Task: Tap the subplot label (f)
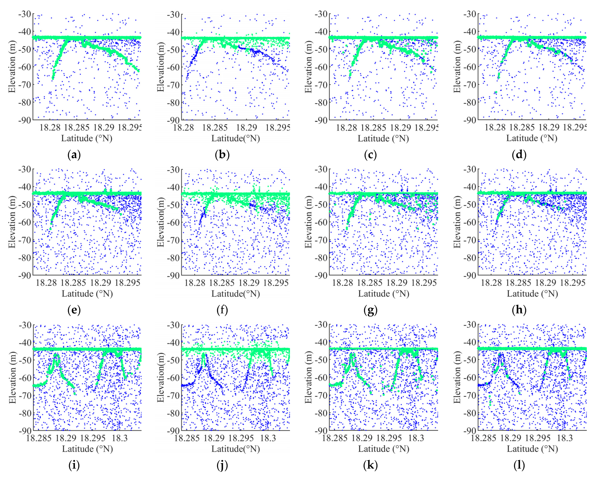click(x=222, y=310)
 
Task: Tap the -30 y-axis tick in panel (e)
click(x=25, y=169)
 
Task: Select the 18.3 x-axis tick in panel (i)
click(x=120, y=438)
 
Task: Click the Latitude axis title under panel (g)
click(x=384, y=294)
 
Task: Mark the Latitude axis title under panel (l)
click(x=532, y=449)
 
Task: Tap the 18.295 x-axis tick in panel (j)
click(x=241, y=438)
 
